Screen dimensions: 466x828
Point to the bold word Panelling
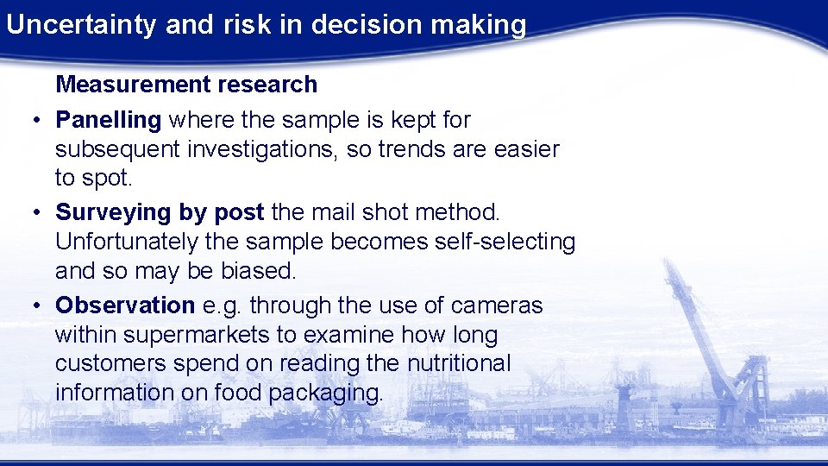point(109,120)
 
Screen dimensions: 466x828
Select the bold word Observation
point(125,305)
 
